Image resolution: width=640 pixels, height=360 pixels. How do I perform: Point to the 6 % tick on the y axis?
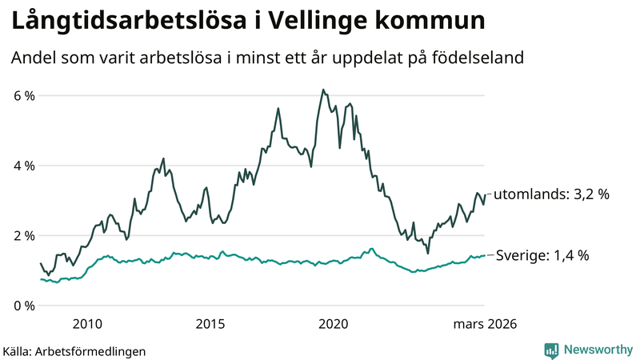pyautogui.click(x=23, y=96)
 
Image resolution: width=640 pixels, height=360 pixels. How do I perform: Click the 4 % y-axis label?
pyautogui.click(x=23, y=166)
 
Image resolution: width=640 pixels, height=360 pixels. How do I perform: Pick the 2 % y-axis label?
pyautogui.click(x=23, y=236)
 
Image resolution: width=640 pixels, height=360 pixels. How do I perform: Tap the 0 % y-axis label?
pyautogui.click(x=23, y=306)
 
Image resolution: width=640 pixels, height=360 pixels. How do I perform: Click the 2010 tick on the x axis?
pyautogui.click(x=87, y=324)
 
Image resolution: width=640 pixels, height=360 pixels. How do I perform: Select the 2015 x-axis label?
pyautogui.click(x=210, y=324)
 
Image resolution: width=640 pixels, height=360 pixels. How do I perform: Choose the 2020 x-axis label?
pyautogui.click(x=334, y=324)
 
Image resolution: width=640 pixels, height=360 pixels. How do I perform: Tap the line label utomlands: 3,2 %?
pyautogui.click(x=552, y=194)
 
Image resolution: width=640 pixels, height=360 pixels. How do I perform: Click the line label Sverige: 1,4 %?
pyautogui.click(x=542, y=256)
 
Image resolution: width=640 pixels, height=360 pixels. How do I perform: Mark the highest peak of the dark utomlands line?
pyautogui.click(x=322, y=90)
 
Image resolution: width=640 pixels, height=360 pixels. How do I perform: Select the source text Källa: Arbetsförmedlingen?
pyautogui.click(x=74, y=350)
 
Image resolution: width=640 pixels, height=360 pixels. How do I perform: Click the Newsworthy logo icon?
pyautogui.click(x=551, y=350)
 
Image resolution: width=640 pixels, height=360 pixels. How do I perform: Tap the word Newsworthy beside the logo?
pyautogui.click(x=597, y=350)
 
